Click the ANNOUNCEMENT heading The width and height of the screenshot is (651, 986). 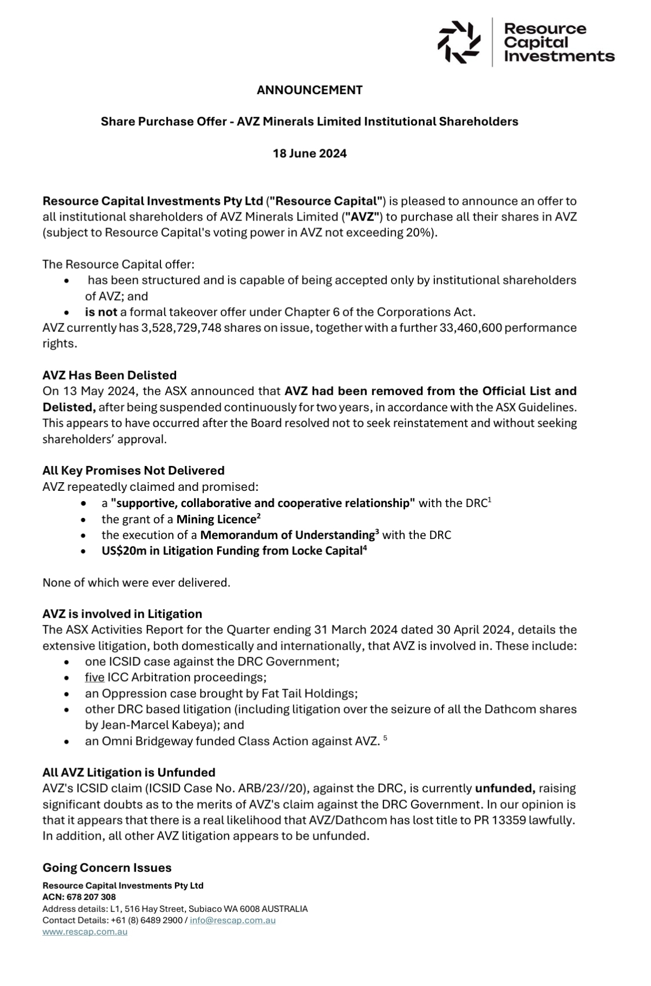310,90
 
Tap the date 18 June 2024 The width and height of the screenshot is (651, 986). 310,154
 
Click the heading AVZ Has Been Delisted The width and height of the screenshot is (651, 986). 109,375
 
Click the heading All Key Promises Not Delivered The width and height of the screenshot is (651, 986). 133,470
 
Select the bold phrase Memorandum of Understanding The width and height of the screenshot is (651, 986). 287,535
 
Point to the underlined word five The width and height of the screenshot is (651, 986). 95,677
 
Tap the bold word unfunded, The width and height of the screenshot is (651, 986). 505,788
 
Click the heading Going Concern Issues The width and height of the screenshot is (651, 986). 107,868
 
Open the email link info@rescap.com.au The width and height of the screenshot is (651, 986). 232,920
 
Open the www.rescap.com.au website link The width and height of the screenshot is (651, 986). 85,931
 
